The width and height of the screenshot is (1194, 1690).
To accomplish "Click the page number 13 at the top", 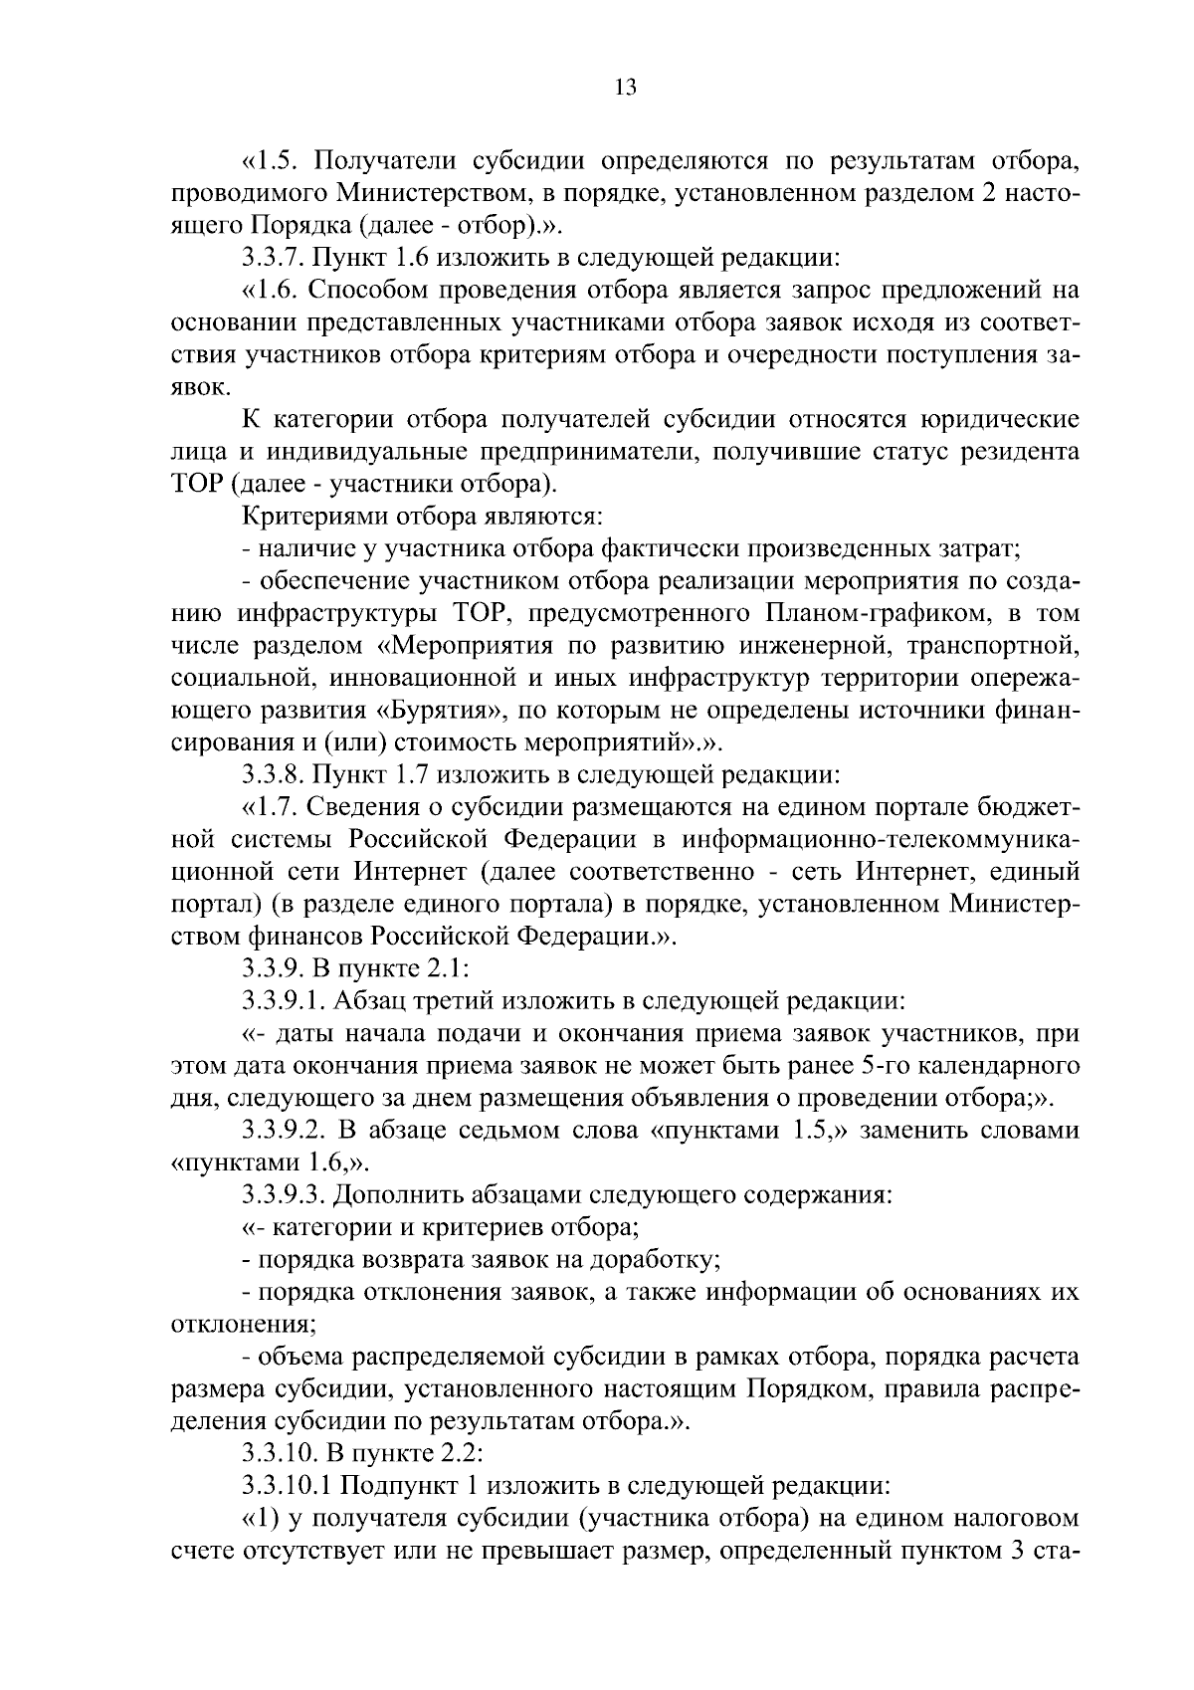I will tap(625, 87).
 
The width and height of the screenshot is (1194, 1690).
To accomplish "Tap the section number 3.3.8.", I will tap(274, 774).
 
